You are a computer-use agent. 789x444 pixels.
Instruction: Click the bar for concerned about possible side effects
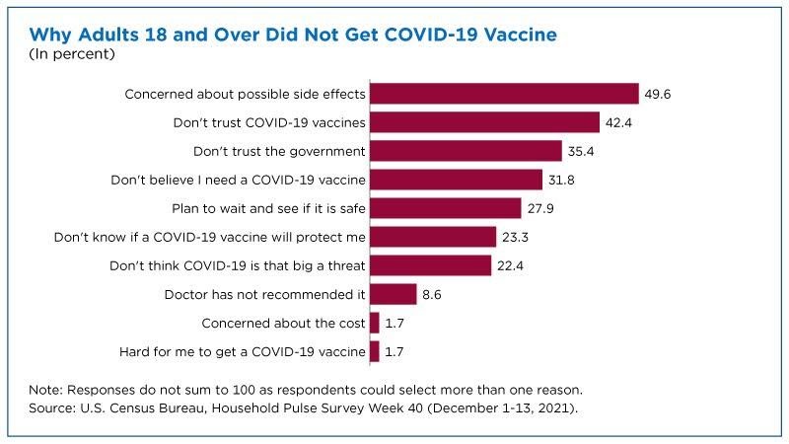(x=504, y=94)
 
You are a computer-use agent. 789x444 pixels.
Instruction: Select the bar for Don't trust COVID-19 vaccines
(x=484, y=122)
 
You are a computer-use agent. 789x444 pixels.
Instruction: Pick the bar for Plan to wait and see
(x=445, y=208)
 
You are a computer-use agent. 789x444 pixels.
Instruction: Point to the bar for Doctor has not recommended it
(x=393, y=294)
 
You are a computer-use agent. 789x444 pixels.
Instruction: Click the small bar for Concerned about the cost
(x=374, y=323)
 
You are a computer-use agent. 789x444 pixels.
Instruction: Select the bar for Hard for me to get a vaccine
(x=374, y=350)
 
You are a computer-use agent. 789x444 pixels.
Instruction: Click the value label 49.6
(x=659, y=94)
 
